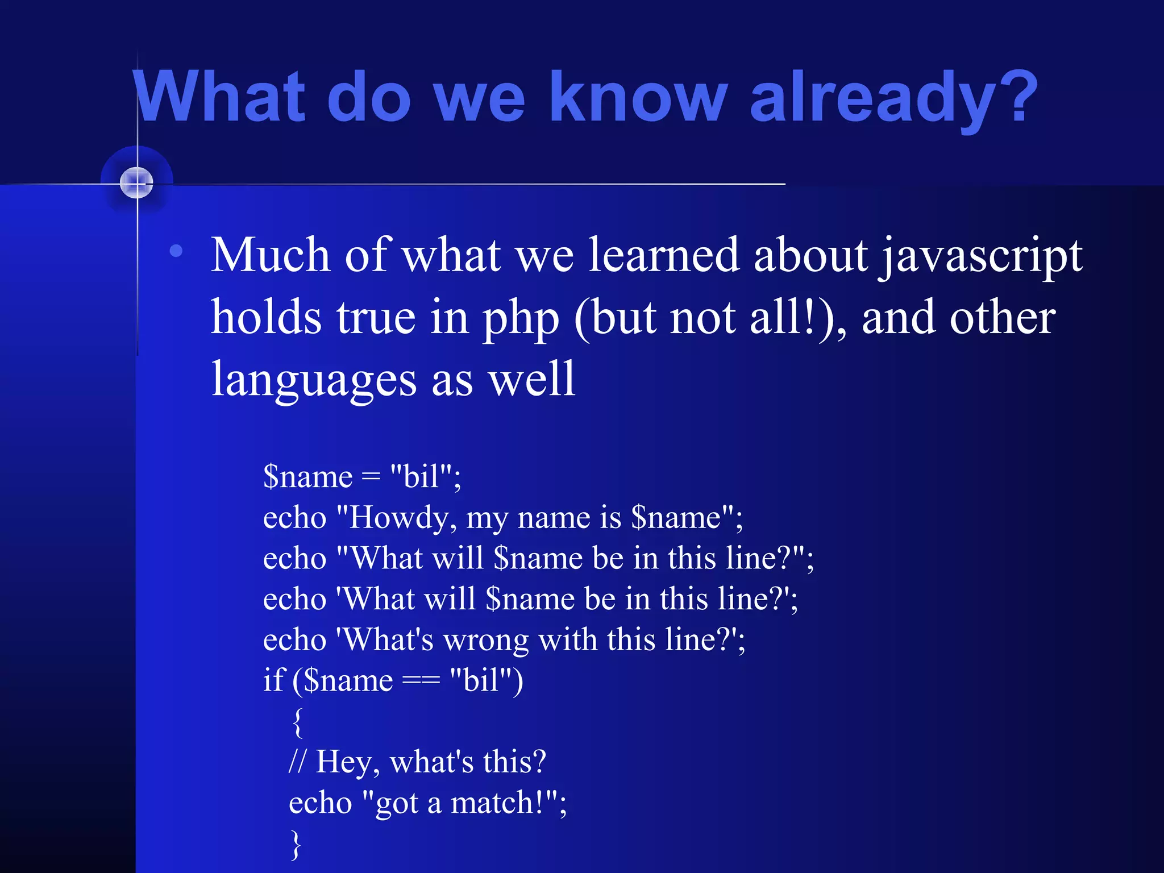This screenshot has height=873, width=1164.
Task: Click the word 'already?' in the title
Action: point(892,98)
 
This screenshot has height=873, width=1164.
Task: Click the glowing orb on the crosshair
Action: point(137,183)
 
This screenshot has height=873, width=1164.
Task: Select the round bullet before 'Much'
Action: point(176,251)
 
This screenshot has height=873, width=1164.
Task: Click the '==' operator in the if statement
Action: point(421,681)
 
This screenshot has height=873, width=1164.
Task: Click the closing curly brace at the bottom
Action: point(296,844)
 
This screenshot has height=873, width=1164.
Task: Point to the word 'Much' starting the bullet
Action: point(270,256)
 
